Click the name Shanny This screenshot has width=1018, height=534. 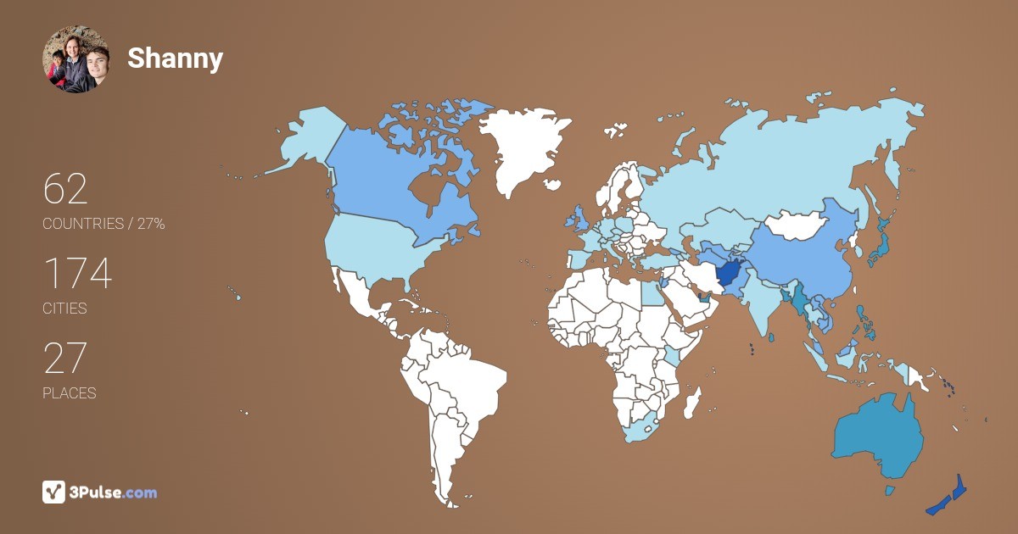pyautogui.click(x=175, y=58)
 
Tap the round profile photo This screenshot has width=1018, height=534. pyautogui.click(x=76, y=59)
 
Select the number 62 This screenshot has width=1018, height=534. pyautogui.click(x=65, y=189)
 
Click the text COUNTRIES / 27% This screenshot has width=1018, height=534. pyautogui.click(x=103, y=224)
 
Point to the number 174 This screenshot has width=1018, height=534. pyautogui.click(x=77, y=274)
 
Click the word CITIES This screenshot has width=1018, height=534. pyautogui.click(x=64, y=309)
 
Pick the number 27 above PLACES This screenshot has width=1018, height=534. pyautogui.click(x=65, y=359)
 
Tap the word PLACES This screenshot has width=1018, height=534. pyautogui.click(x=69, y=393)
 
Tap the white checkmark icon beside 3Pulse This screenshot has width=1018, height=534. pyautogui.click(x=53, y=492)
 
